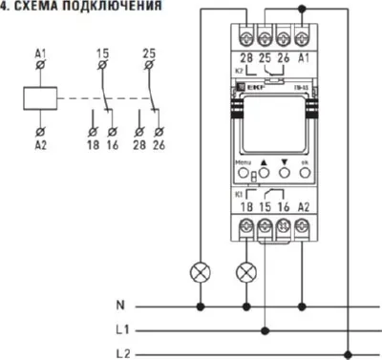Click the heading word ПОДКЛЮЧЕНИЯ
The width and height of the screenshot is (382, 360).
click(x=92, y=6)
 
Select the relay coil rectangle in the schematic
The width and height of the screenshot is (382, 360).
click(x=40, y=97)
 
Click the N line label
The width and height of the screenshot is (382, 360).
click(x=120, y=307)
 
